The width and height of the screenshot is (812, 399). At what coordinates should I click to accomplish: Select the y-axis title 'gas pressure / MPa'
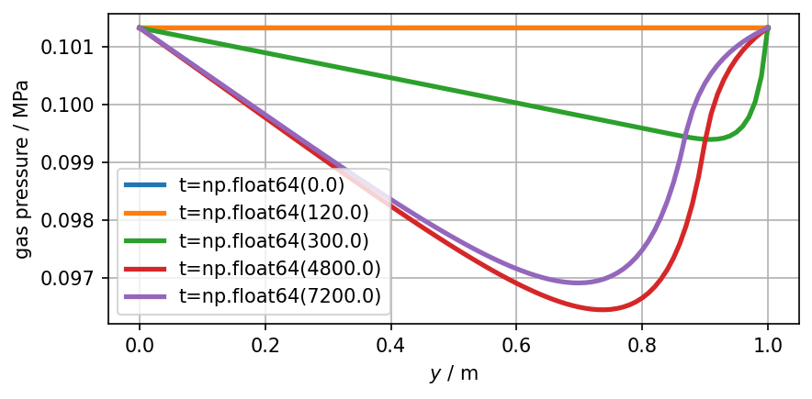(x=21, y=169)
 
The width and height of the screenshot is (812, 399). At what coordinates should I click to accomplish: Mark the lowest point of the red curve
(x=603, y=309)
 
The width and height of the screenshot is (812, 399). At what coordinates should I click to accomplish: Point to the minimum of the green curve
(x=708, y=139)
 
